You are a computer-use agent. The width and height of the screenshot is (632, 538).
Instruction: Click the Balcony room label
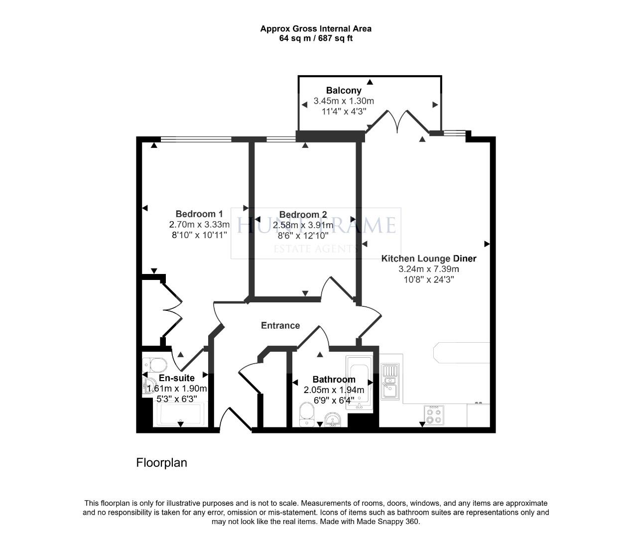tap(343, 91)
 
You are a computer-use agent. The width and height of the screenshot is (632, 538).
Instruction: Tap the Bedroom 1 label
tap(199, 214)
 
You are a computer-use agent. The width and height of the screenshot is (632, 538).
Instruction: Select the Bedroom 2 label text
tap(303, 215)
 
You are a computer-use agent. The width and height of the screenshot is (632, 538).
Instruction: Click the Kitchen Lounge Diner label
tap(428, 259)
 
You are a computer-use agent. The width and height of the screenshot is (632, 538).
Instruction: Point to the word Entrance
tap(280, 325)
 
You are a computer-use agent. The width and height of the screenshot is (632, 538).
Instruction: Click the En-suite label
tap(176, 378)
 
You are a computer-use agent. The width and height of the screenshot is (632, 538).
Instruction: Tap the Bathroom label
tap(334, 380)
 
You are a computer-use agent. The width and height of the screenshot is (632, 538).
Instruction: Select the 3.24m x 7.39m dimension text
tap(428, 269)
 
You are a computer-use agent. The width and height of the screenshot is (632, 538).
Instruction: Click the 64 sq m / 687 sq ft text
tap(316, 38)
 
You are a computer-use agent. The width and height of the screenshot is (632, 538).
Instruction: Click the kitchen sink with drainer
tap(390, 382)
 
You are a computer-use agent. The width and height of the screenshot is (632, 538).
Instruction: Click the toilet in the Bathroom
tap(307, 414)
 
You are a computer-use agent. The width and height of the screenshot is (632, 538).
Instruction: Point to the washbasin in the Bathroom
tap(332, 419)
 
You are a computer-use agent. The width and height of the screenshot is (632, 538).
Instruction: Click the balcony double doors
tap(397, 122)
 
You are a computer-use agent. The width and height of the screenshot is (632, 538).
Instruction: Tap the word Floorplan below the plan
tap(161, 463)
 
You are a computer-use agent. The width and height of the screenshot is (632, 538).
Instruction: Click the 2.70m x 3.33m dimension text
tap(199, 225)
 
